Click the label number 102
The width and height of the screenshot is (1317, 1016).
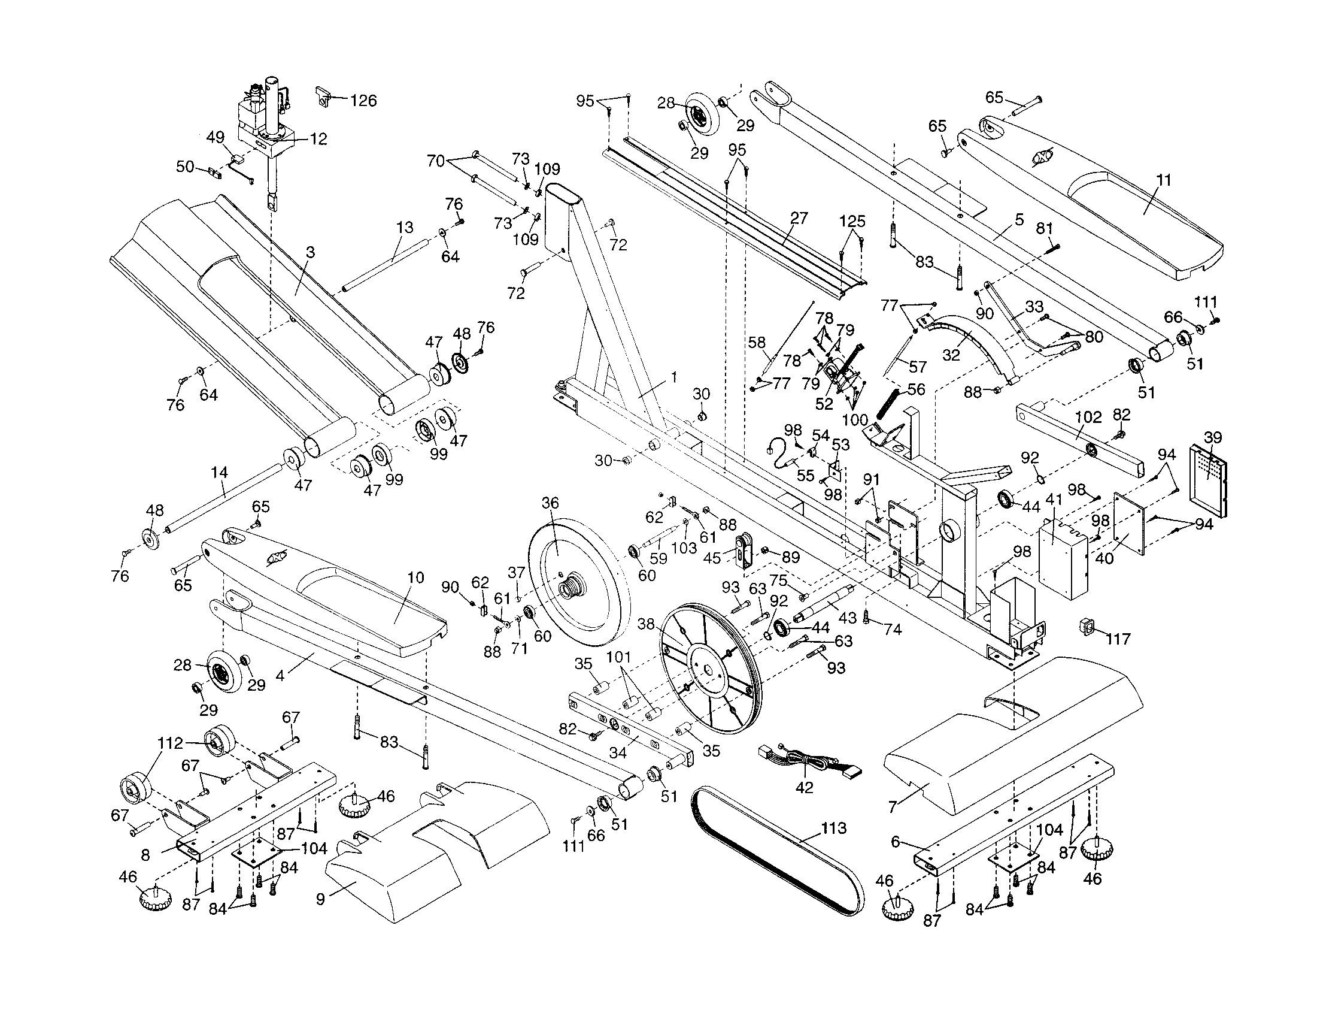(x=1088, y=418)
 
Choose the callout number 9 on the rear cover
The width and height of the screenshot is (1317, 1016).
(x=321, y=899)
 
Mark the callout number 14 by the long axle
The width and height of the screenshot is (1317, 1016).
(x=219, y=473)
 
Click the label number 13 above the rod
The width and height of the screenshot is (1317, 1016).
(x=405, y=228)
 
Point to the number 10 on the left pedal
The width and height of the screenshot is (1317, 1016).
(x=415, y=578)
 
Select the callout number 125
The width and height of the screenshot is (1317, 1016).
(x=852, y=221)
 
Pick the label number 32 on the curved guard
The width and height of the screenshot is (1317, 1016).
(x=951, y=355)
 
